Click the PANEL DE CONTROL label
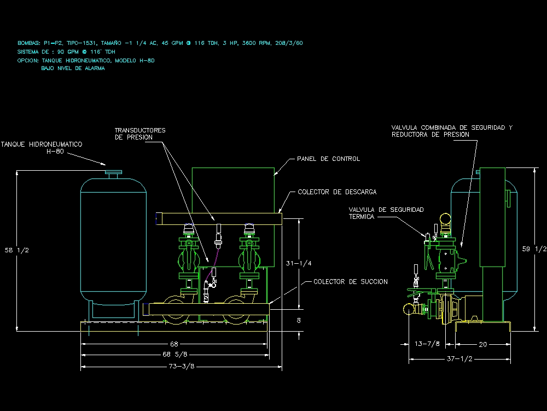point(328,159)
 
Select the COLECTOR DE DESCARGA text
point(337,192)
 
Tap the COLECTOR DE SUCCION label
point(351,282)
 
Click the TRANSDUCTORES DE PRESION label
point(139,134)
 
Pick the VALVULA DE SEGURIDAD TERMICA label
point(386,213)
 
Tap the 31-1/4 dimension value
point(299,263)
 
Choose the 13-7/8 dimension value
point(428,344)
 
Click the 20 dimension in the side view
point(482,344)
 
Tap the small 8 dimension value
point(299,321)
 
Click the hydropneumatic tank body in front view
point(114,241)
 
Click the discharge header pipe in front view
point(219,219)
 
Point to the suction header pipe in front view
point(208,309)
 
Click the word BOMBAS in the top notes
point(28,43)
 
